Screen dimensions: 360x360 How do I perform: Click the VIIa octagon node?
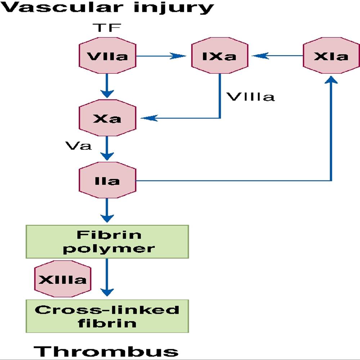(x=107, y=55)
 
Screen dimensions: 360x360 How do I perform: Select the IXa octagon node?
(x=220, y=55)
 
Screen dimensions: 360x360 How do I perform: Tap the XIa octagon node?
(x=331, y=55)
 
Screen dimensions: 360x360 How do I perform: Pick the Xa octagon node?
(x=107, y=118)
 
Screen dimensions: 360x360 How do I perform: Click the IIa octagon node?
(x=107, y=180)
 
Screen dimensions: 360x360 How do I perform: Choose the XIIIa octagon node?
(x=63, y=279)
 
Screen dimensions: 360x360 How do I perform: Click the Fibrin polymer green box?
(x=107, y=242)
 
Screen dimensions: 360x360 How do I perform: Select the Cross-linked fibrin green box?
(x=107, y=316)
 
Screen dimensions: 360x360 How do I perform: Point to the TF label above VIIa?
(x=107, y=28)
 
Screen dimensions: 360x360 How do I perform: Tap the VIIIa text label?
(x=251, y=97)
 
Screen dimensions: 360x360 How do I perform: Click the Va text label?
(x=78, y=145)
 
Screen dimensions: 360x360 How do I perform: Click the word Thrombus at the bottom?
(x=106, y=351)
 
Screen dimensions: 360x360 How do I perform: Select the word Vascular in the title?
(x=62, y=7)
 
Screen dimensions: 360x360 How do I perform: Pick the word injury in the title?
(x=174, y=8)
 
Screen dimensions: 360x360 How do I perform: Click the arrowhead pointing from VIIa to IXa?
(x=178, y=56)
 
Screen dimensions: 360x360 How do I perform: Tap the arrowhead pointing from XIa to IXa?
(x=260, y=56)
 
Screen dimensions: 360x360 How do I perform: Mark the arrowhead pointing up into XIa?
(x=331, y=80)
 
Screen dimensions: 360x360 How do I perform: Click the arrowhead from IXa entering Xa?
(x=149, y=118)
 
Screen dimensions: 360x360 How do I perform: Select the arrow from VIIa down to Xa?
(x=107, y=86)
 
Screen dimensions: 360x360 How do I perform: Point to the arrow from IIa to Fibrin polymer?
(x=107, y=210)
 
